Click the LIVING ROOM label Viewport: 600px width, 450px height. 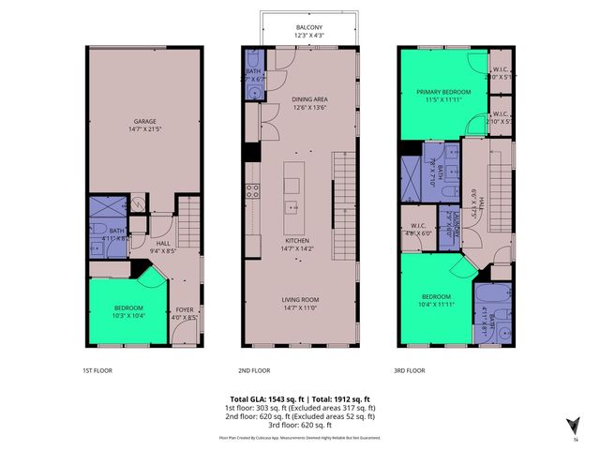pos(302,299)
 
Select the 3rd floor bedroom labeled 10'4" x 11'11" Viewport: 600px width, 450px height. pos(432,299)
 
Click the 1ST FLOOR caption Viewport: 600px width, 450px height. pos(97,370)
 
